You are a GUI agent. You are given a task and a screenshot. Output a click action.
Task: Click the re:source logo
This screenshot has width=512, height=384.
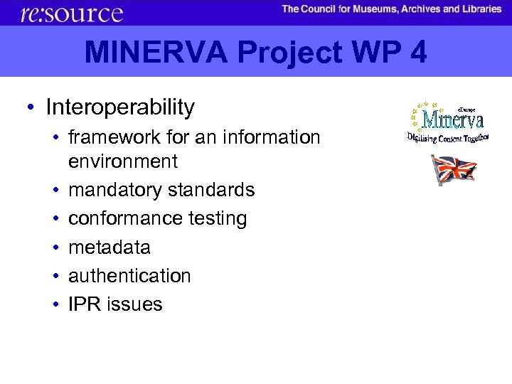pos(72,13)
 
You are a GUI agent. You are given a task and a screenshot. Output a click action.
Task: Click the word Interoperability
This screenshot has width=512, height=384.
pos(119,107)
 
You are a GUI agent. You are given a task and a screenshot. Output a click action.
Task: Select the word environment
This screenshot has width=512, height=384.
pos(122,161)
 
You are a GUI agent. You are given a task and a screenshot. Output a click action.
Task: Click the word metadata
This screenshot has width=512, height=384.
pos(109,247)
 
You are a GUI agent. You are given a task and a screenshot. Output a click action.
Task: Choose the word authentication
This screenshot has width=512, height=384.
pos(129,275)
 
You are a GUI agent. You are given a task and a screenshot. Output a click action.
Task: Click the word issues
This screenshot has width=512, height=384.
pos(134,304)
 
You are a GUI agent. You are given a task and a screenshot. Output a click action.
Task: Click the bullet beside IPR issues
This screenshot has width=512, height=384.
pos(55,304)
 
